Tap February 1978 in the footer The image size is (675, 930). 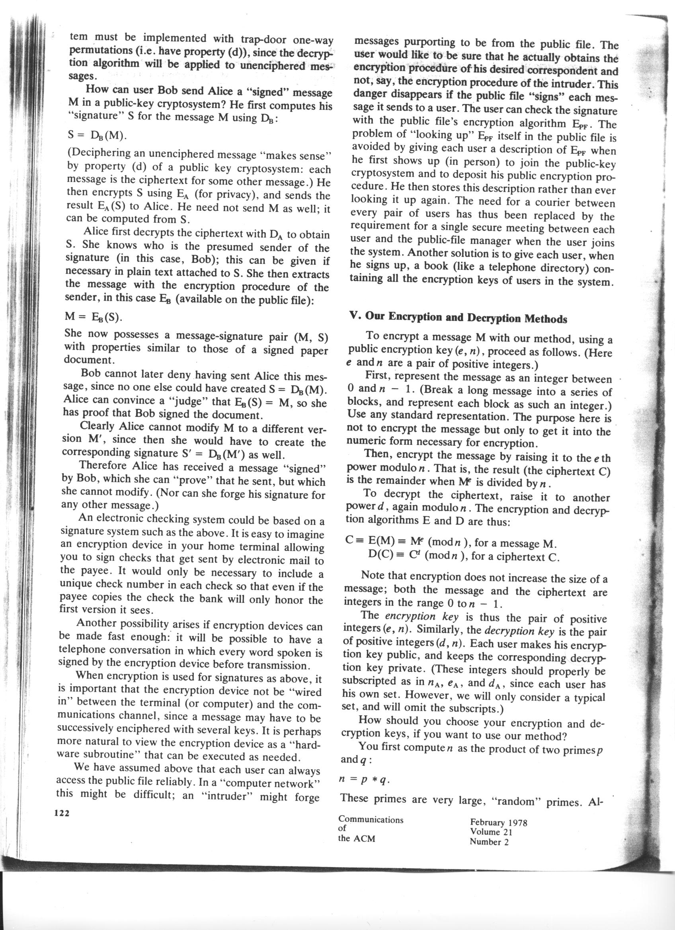click(x=499, y=822)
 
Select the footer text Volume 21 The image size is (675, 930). click(x=491, y=832)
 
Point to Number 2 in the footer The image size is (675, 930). click(x=489, y=842)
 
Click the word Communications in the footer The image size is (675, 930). click(x=371, y=820)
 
